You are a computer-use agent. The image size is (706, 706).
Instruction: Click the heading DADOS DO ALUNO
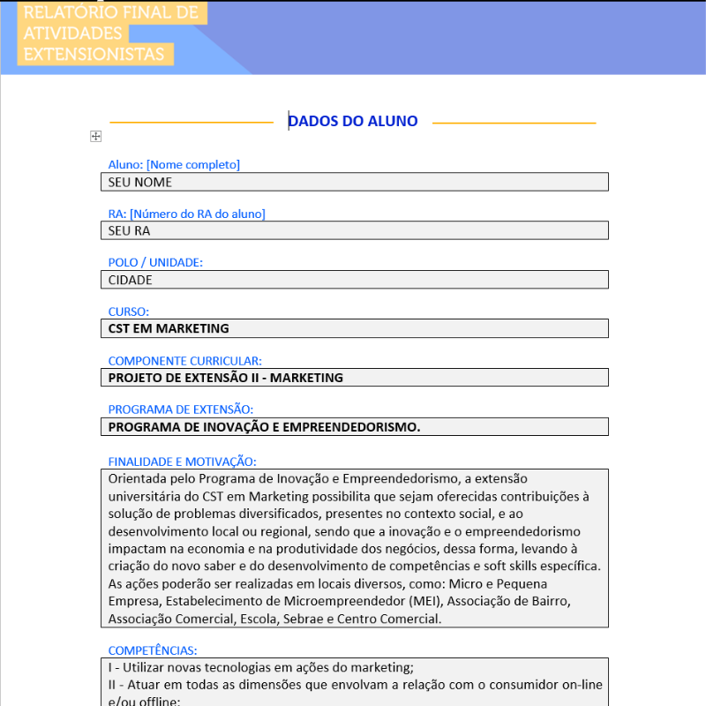(353, 122)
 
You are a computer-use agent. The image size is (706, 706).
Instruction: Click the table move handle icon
(96, 136)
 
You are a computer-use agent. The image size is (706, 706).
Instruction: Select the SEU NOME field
(354, 182)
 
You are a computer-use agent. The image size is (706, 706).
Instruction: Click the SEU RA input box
(354, 230)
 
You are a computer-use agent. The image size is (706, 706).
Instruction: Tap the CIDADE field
(354, 280)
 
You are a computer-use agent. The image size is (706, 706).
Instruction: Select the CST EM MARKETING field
(354, 328)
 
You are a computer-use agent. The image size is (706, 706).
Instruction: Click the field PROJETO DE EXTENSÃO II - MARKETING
(354, 378)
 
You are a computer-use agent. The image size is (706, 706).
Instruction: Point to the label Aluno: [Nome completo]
(174, 165)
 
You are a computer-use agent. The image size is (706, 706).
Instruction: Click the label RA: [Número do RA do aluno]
(186, 214)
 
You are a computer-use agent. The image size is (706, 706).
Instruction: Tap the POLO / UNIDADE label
(155, 263)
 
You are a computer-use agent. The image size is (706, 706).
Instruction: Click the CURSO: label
(129, 312)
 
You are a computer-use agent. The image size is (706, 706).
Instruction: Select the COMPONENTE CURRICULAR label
(184, 361)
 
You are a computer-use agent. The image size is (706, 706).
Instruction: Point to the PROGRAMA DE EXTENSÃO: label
(180, 409)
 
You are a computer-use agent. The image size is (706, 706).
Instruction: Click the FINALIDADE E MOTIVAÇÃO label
(182, 462)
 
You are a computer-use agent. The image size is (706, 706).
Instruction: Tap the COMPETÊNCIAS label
(153, 650)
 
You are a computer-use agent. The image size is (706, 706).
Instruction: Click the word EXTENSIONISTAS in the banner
(94, 54)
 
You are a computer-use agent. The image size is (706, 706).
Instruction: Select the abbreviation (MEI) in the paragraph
(426, 602)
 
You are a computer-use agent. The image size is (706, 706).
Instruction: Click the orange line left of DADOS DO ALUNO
(192, 123)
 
